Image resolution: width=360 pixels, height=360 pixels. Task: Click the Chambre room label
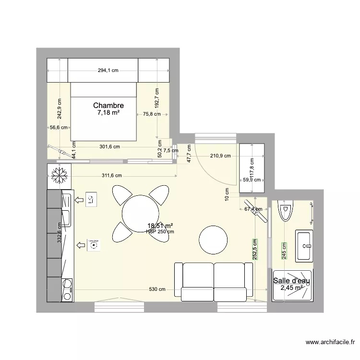coord(108,106)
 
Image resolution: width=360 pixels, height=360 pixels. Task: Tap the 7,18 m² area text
coord(108,113)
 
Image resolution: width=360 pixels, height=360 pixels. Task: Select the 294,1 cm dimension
coord(108,71)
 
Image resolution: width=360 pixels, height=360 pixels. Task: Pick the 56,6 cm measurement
coord(59,128)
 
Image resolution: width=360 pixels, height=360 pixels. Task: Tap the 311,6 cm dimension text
coord(115,176)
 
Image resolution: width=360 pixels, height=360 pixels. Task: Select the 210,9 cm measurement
coord(220,156)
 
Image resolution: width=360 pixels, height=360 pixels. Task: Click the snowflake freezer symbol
coord(59,176)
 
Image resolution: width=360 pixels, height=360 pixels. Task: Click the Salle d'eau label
coord(291,281)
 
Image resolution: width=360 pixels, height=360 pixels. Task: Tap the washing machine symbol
coord(93,245)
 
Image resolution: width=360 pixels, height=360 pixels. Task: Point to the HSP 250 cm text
coord(160,231)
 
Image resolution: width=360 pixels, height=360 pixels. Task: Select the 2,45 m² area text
coord(291,288)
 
